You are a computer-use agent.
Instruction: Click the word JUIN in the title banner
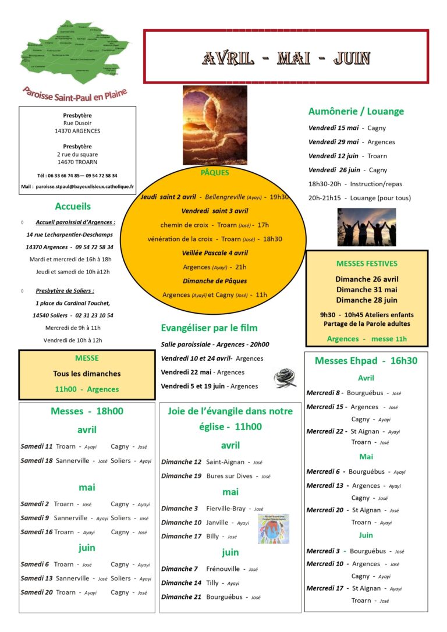(x=352, y=58)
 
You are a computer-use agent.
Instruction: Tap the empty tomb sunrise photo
(x=215, y=125)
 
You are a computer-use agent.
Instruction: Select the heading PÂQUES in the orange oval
(x=215, y=172)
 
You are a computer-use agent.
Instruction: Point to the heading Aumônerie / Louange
(x=356, y=111)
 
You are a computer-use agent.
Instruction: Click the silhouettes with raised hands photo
(x=367, y=227)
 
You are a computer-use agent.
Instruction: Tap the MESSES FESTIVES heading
(x=367, y=264)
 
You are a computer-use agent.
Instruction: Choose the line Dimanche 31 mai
(x=367, y=290)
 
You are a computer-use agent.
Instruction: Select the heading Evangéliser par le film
(x=209, y=328)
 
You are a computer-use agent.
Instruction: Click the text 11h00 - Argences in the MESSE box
(x=87, y=389)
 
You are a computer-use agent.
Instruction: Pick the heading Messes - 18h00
(x=87, y=411)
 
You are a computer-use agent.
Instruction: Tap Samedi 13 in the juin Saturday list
(x=37, y=578)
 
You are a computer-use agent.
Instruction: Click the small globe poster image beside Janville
(x=273, y=528)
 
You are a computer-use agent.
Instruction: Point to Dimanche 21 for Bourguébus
(x=181, y=597)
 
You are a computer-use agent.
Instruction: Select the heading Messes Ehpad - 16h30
(x=366, y=361)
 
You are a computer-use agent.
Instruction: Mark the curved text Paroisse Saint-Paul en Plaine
(x=75, y=93)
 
